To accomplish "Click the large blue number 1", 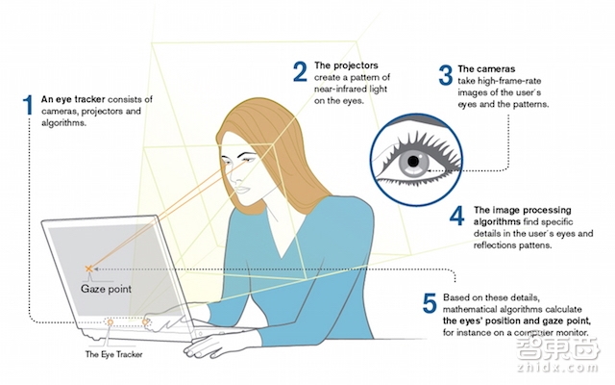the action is point(28,105).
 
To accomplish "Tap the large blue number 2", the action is point(300,71).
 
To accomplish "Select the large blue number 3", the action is point(446,75).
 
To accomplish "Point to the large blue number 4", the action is point(457,216).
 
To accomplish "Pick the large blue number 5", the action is point(430,303).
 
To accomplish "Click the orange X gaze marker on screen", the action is point(89,269).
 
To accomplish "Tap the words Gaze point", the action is point(106,289).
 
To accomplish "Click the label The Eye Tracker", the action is point(113,354).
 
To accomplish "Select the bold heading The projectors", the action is point(346,65).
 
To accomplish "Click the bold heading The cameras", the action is point(486,68).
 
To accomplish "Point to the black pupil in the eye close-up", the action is point(413,161).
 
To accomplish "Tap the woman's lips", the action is point(242,190).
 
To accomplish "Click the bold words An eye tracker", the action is point(73,99).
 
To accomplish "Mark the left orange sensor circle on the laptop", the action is point(111,322).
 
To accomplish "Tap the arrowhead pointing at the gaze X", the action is point(95,269).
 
